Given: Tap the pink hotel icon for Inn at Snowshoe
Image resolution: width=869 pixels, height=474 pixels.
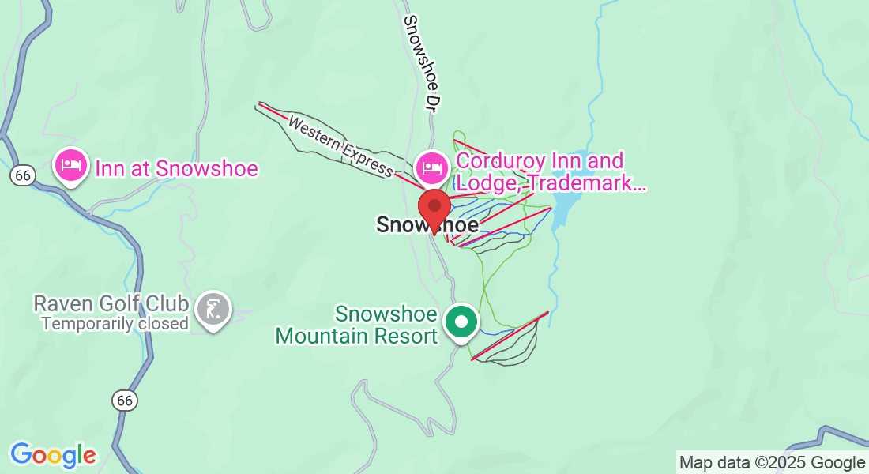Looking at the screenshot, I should [70, 167].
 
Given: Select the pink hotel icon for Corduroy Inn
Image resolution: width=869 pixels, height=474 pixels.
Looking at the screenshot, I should [431, 167].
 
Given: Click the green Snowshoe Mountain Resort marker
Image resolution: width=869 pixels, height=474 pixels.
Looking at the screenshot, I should [461, 322].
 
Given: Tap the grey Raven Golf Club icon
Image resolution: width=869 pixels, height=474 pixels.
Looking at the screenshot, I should [213, 309].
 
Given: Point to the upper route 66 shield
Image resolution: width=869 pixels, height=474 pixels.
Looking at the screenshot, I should [22, 175].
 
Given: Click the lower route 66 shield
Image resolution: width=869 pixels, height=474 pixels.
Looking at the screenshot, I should [124, 401].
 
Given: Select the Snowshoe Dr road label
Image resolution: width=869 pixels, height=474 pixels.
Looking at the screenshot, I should [420, 63].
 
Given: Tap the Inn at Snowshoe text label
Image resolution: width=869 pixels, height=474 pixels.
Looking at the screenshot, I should [176, 168].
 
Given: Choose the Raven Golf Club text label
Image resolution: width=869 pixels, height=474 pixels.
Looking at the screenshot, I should [111, 304].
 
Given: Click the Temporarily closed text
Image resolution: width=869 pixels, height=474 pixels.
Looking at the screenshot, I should [115, 323].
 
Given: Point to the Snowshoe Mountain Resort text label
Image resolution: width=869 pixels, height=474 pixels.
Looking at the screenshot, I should [356, 325].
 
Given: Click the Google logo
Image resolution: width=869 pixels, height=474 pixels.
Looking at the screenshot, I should [53, 455].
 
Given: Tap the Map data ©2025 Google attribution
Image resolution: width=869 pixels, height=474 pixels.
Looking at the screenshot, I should [772, 462].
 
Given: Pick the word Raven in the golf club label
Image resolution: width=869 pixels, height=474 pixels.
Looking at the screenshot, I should [58, 304].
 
